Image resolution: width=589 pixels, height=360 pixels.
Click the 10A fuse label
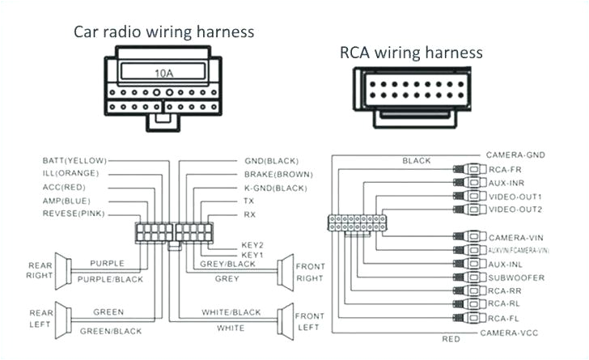[x=163, y=72]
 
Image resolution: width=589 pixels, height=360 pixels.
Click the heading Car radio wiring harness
[x=164, y=32]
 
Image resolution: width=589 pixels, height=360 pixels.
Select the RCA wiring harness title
[x=411, y=53]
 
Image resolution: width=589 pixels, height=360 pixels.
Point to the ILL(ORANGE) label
[x=70, y=174]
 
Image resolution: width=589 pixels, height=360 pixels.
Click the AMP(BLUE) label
[x=67, y=201]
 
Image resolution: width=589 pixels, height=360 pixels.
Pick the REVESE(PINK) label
[x=73, y=214]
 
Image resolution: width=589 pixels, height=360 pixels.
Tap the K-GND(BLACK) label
[x=274, y=187]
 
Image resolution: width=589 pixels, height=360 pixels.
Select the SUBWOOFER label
[x=516, y=277]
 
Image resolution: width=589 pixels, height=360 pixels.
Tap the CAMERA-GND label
[x=515, y=154]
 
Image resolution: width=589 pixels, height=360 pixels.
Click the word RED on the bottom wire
[x=451, y=338]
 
